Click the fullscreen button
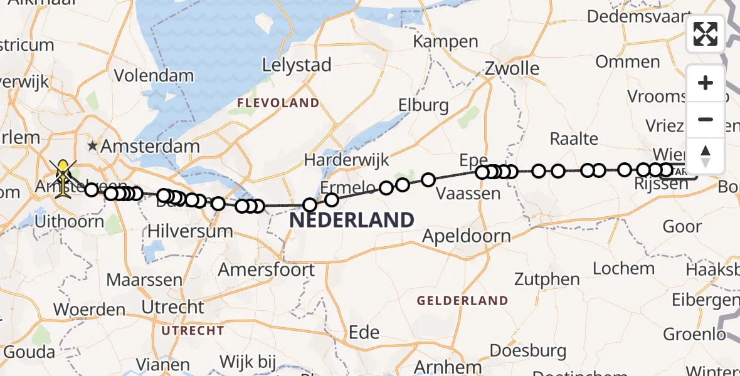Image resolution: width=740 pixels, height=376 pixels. tap(706, 34)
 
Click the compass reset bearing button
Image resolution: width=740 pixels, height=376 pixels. tap(706, 156)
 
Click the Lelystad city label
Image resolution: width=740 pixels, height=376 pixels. tap(296, 64)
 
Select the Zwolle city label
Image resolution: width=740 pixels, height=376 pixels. tap(512, 68)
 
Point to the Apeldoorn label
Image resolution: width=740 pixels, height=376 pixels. tap(466, 236)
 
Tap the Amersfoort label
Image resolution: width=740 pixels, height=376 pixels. tap(266, 269)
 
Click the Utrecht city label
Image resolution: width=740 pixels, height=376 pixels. tap(173, 307)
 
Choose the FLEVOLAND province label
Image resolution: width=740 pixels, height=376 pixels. tap(278, 103)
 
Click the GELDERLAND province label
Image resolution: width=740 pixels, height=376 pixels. tap(463, 301)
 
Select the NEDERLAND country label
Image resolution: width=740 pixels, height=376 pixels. tap(351, 221)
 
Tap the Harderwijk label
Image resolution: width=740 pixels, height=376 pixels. tap(347, 160)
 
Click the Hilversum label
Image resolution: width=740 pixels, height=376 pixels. tap(190, 231)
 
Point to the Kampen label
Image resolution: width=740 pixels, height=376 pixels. tap(445, 42)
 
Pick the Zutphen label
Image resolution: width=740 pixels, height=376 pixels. tap(547, 279)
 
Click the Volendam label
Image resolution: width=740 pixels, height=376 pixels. tap(154, 76)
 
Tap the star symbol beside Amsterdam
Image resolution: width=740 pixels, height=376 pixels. tap(93, 146)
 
